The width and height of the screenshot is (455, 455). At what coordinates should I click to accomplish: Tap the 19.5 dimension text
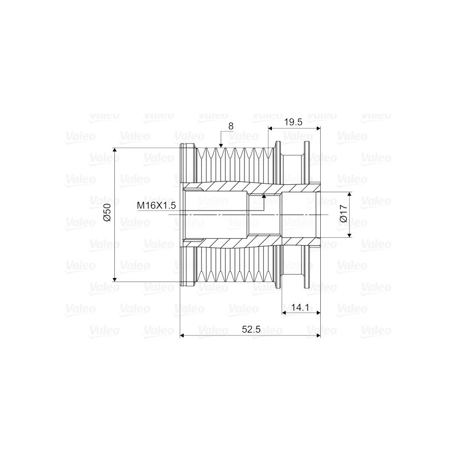tap(293, 122)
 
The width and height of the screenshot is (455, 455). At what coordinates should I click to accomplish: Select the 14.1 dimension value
tap(299, 307)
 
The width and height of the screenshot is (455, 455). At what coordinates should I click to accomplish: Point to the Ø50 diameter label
tap(106, 214)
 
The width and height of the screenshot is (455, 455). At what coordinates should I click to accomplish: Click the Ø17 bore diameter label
tap(342, 215)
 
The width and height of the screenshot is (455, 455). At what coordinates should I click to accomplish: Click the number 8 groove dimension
tap(230, 125)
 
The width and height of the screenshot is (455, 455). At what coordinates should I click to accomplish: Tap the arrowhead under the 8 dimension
tap(221, 146)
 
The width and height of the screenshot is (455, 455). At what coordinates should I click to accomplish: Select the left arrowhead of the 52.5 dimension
tap(183, 336)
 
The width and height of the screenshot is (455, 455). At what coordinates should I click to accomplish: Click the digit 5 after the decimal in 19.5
tap(300, 122)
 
